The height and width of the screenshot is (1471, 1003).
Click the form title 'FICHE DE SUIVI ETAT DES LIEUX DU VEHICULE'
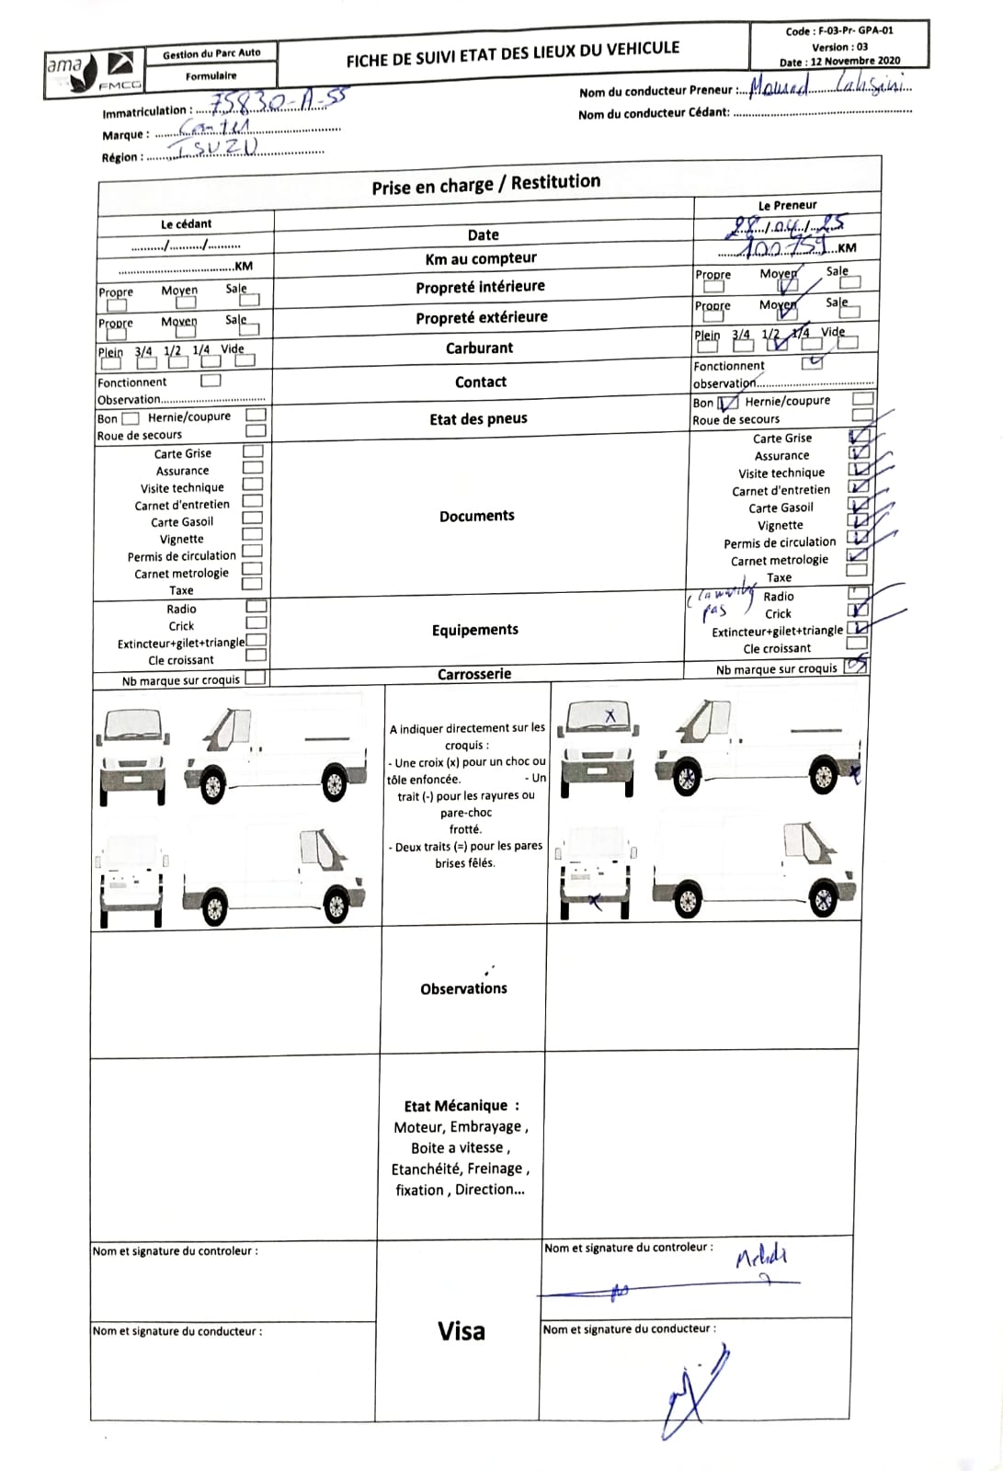point(513,53)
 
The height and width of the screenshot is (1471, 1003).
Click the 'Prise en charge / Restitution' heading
point(485,184)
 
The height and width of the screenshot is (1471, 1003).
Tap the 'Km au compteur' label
point(481,258)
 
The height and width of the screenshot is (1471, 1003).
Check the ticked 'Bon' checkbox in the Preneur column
point(728,403)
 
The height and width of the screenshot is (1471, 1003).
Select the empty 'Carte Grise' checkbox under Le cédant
point(253,451)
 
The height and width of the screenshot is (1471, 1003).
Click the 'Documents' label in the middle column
point(476,516)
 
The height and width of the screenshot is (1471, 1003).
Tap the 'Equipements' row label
point(475,630)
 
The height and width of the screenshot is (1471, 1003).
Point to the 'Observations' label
point(463,988)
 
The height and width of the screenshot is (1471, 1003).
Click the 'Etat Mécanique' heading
point(461,1105)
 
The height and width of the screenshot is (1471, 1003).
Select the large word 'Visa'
point(461,1330)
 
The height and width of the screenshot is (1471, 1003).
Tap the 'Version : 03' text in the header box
point(838,46)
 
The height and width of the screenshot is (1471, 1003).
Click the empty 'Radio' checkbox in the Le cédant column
point(256,606)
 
